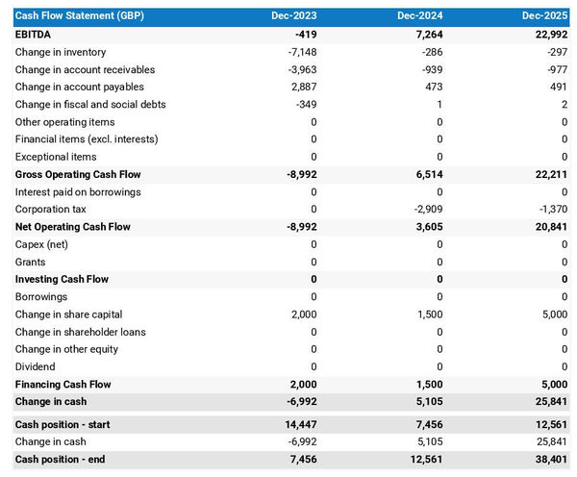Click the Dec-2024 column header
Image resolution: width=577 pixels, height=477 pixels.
[420, 16]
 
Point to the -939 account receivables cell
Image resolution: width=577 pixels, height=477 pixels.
[429, 69]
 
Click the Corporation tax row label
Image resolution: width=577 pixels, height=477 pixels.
[50, 209]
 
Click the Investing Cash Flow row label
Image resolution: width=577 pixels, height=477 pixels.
[62, 279]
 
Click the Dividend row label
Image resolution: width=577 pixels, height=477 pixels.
[36, 366]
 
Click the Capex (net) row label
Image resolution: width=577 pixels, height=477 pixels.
[43, 244]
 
